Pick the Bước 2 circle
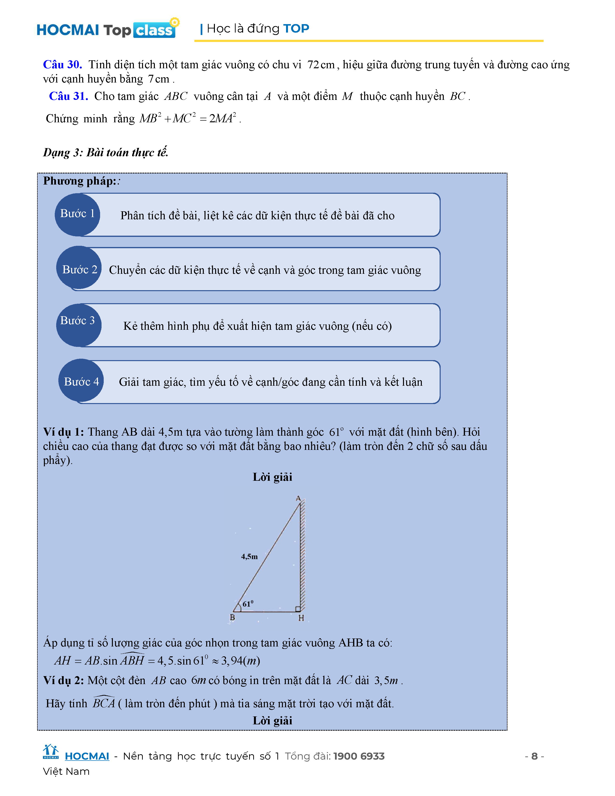point(79,269)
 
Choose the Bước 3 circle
point(78,325)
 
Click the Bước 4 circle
point(81,381)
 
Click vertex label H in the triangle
point(301,618)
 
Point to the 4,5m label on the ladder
point(249,556)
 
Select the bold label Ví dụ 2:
point(63,680)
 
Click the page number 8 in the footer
point(534,756)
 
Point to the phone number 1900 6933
point(359,756)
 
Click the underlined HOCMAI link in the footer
point(87,756)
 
